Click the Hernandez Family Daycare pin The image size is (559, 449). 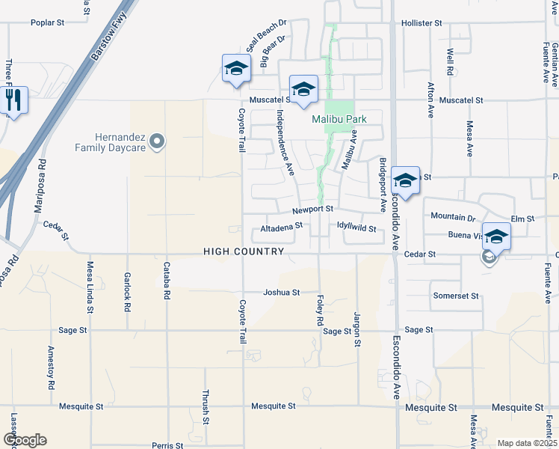pyautogui.click(x=156, y=141)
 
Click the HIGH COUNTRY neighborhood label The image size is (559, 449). pyautogui.click(x=244, y=252)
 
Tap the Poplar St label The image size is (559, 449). pyautogui.click(x=47, y=23)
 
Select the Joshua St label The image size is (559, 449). pyautogui.click(x=282, y=293)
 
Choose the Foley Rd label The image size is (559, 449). pyautogui.click(x=320, y=309)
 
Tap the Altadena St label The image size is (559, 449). pyautogui.click(x=282, y=226)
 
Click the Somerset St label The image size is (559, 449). pyautogui.click(x=455, y=296)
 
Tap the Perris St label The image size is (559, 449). pyautogui.click(x=168, y=445)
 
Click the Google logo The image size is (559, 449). pyautogui.click(x=25, y=440)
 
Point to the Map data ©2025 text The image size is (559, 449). pyautogui.click(x=526, y=443)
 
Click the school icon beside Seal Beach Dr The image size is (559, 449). pyautogui.click(x=236, y=69)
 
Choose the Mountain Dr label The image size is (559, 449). pyautogui.click(x=453, y=216)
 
